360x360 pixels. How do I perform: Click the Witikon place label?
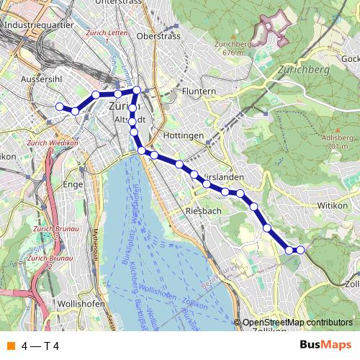[333, 204]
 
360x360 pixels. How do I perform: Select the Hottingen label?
[184, 135]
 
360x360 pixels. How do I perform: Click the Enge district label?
[74, 184]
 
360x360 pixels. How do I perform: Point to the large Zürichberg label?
[302, 71]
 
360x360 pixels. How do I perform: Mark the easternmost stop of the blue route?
[300, 250]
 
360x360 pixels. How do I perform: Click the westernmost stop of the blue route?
[60, 107]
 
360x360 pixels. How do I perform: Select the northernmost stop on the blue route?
[136, 89]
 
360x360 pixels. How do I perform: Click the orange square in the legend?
[9, 346]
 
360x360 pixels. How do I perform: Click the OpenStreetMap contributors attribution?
[297, 322]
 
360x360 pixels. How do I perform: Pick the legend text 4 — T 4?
[40, 346]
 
